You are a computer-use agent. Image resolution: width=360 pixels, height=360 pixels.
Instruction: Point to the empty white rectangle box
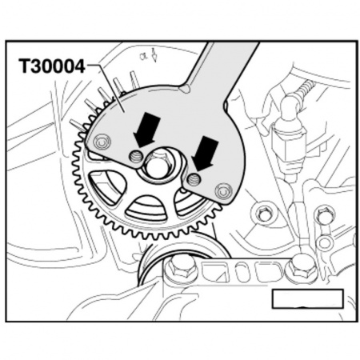[x=307, y=299]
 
